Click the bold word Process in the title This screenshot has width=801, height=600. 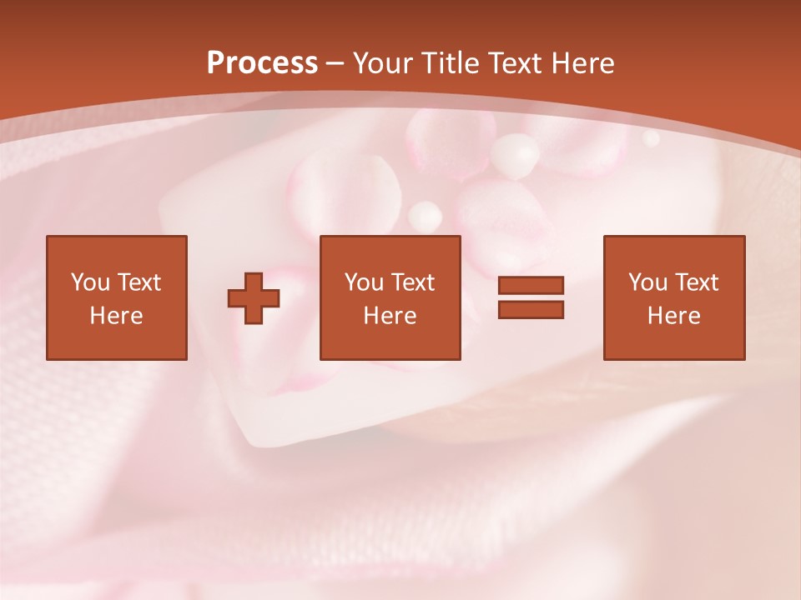tap(262, 63)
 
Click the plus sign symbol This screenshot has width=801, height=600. tap(254, 298)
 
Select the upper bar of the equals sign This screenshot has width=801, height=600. tap(531, 285)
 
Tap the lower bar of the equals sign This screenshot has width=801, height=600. tap(531, 310)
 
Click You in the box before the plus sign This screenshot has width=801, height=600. tap(89, 282)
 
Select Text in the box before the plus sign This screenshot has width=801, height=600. tap(138, 282)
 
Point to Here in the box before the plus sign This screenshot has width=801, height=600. tap(116, 316)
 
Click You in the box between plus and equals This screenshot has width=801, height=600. tap(363, 282)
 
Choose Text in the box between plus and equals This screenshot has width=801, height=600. tap(411, 282)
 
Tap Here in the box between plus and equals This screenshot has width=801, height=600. tap(390, 316)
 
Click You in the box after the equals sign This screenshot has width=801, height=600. tap(647, 282)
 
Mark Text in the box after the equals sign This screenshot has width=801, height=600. tap(695, 282)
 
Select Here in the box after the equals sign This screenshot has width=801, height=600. tap(673, 316)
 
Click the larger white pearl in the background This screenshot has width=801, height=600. tap(515, 156)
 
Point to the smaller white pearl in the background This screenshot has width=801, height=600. tap(425, 216)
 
